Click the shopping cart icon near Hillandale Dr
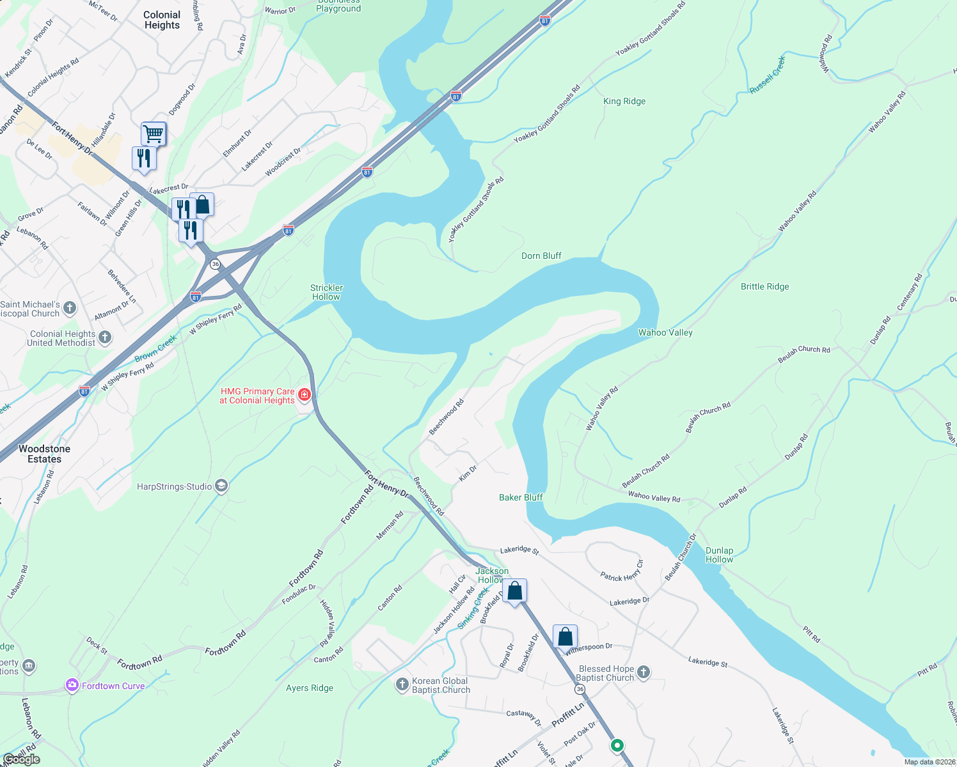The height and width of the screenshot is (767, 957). (x=154, y=134)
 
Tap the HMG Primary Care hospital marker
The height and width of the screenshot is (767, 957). (x=304, y=395)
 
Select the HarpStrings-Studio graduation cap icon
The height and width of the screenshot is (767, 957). (x=221, y=486)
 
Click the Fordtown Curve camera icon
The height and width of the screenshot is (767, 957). (x=72, y=686)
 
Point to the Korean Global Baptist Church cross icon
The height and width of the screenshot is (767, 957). (x=402, y=685)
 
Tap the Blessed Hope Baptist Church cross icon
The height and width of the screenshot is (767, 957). (x=644, y=672)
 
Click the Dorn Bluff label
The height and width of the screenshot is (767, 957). (x=541, y=256)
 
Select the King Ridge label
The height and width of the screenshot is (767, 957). (x=624, y=101)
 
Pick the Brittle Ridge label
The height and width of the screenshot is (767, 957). (x=764, y=286)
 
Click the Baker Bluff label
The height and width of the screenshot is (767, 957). (x=521, y=497)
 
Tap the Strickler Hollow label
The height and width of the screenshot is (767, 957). (x=327, y=292)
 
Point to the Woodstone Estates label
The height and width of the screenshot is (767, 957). (x=44, y=454)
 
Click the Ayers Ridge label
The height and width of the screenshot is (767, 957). (x=310, y=688)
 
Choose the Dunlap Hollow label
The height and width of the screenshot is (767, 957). (x=719, y=555)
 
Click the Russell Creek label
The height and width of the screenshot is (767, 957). (x=768, y=75)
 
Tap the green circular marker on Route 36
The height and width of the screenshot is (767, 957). (x=617, y=745)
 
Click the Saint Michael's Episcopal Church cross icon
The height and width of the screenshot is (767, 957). (x=70, y=308)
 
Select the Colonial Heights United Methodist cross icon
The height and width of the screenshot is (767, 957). (x=105, y=337)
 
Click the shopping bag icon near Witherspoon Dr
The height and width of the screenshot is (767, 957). (x=565, y=637)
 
